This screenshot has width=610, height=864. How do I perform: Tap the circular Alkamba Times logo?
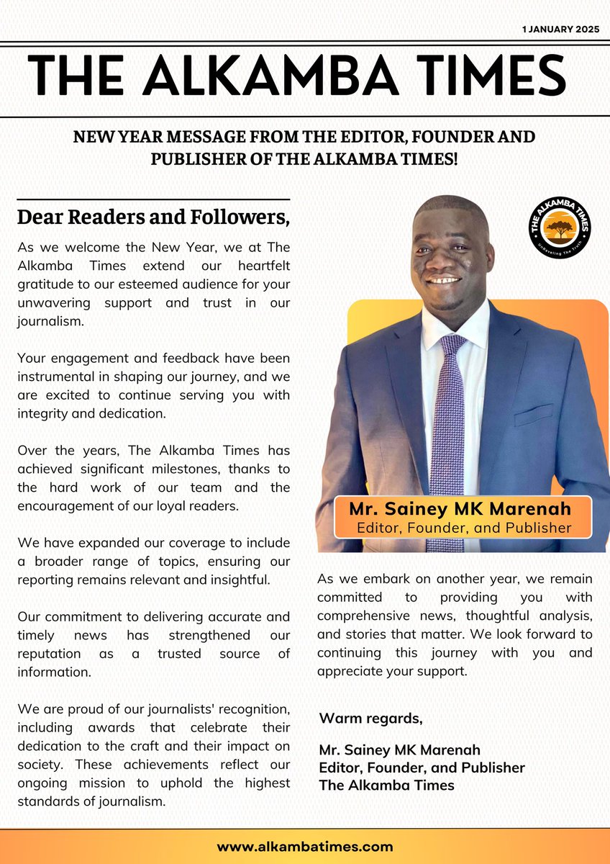[560, 227]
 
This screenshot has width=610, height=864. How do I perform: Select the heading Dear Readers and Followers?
[153, 216]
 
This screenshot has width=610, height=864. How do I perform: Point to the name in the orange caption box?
[460, 509]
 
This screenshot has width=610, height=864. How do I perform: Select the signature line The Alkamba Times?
[386, 786]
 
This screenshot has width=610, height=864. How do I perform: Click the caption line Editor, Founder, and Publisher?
[464, 528]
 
